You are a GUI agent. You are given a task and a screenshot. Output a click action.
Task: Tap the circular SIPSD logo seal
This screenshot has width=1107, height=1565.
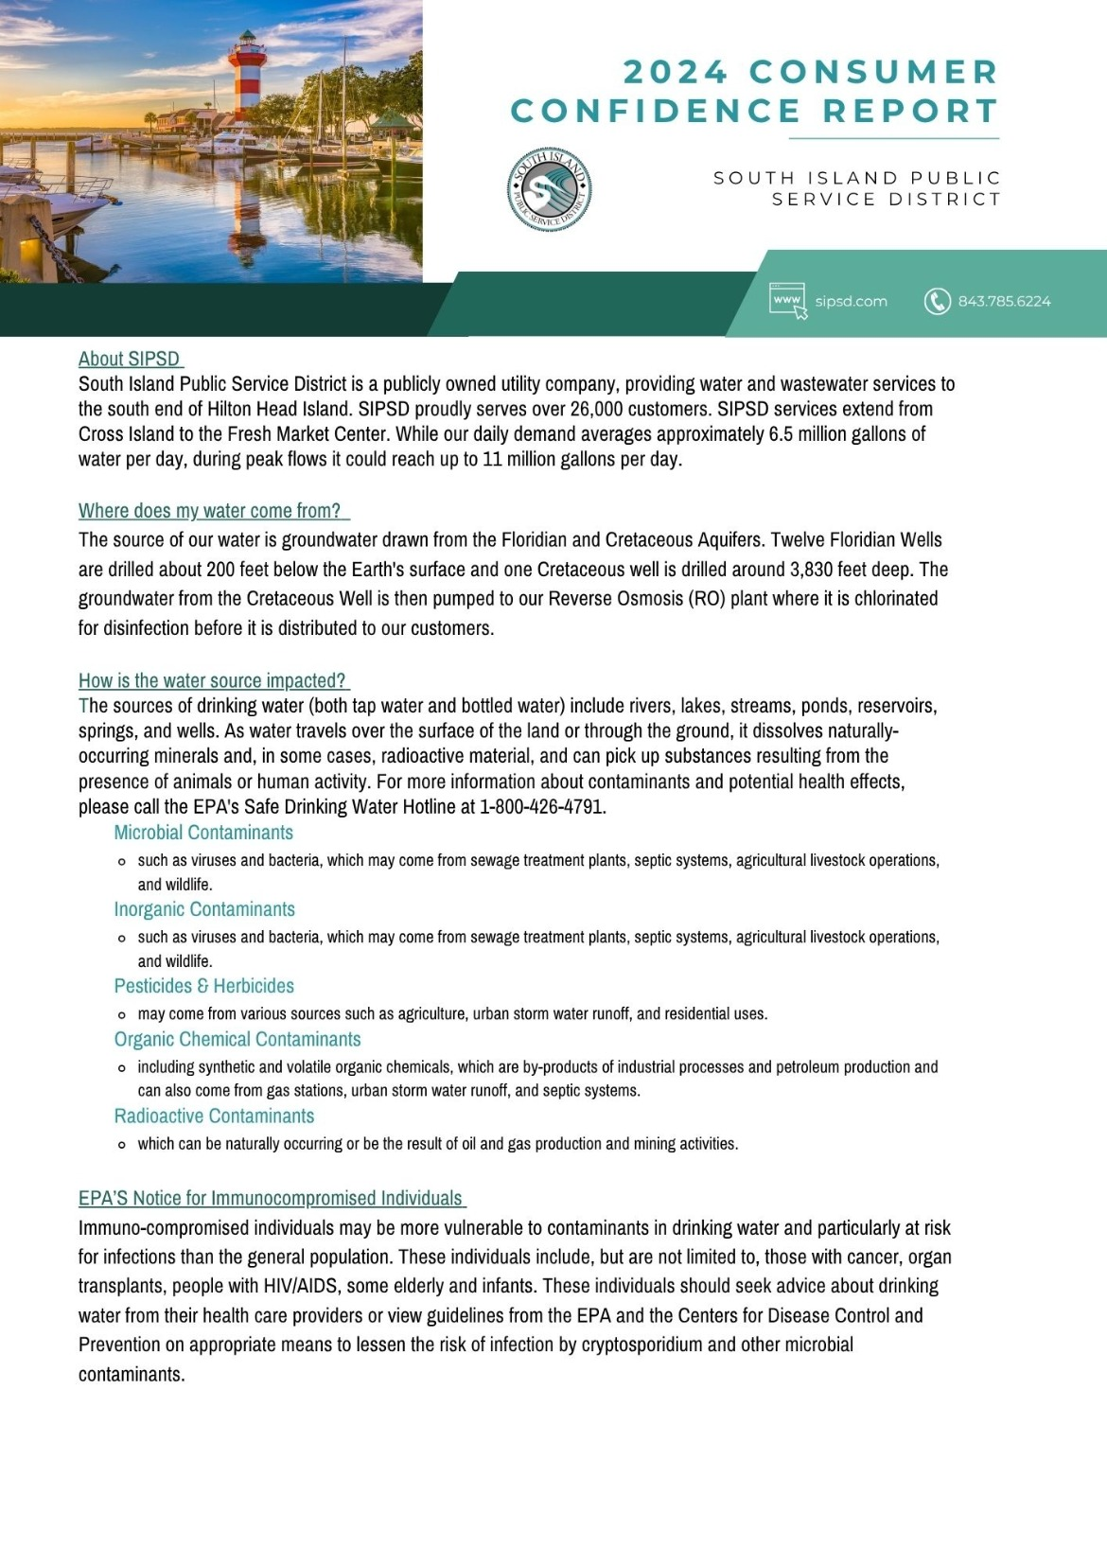coord(549,189)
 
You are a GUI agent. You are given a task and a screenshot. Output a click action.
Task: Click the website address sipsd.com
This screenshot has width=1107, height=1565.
coord(851,301)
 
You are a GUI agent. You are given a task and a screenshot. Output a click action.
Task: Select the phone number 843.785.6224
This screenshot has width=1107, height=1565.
coord(1004,301)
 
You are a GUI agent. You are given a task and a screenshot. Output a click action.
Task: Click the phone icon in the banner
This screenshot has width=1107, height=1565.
coord(937,301)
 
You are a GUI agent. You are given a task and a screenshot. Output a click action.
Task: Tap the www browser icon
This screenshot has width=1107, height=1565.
coord(788,301)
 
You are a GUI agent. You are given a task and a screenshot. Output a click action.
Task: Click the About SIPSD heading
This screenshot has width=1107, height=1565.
coord(130,359)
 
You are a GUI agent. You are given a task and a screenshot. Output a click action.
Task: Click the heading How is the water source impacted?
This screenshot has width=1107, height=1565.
coord(212,680)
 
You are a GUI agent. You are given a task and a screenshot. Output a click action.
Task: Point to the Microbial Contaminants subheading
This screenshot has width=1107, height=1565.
coord(203,833)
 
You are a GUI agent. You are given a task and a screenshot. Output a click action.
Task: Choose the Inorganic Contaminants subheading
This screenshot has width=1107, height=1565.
coord(204,909)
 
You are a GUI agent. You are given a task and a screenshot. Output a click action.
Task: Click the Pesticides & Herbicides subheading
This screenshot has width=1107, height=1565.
coord(203,986)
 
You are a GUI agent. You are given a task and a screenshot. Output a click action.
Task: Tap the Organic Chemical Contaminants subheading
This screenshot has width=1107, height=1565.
coord(237,1039)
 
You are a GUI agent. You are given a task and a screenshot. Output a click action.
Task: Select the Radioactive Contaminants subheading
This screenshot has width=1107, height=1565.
coord(214,1116)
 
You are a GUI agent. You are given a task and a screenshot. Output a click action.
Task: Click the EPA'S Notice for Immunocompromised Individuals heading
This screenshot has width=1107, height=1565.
coord(271,1198)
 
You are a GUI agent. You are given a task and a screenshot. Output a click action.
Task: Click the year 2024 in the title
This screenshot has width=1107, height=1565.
coord(676,72)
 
